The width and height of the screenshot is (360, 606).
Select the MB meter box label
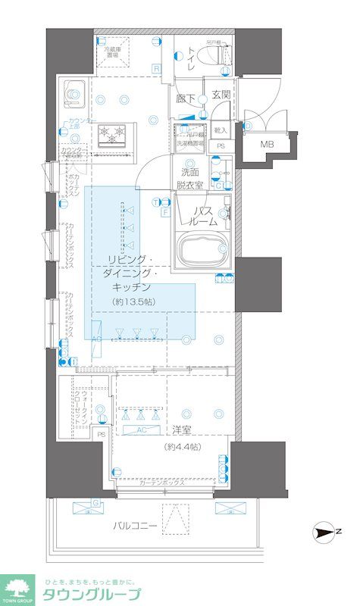pyautogui.click(x=268, y=144)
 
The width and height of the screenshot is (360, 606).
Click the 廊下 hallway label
pyautogui.click(x=186, y=98)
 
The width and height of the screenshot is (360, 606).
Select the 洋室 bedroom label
pyautogui.click(x=181, y=430)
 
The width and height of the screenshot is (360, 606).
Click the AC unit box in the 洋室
pyautogui.click(x=141, y=430)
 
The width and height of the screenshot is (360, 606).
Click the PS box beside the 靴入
pyautogui.click(x=221, y=146)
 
